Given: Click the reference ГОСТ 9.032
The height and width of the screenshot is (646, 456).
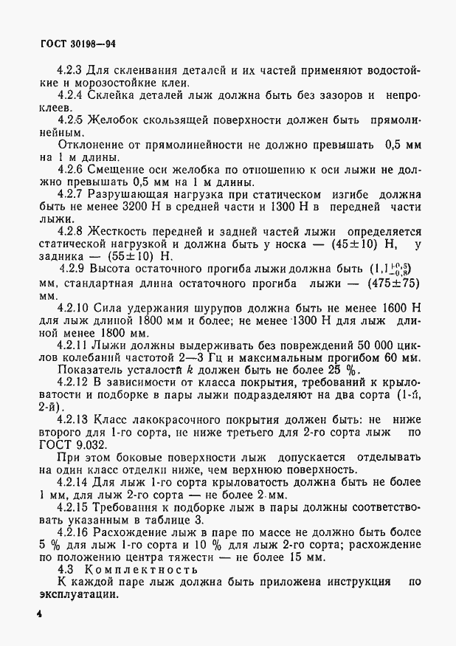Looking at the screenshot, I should pos(74,444).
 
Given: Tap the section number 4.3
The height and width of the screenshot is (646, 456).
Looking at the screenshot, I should pos(67,568).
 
